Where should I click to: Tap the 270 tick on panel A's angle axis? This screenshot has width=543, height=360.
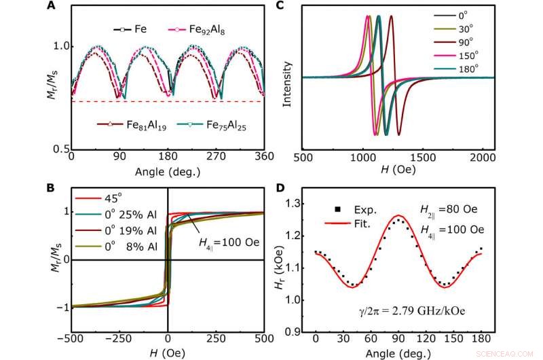pos(217,156)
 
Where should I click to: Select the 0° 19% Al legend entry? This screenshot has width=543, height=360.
pos(115,230)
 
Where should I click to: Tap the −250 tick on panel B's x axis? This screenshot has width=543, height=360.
pos(119,340)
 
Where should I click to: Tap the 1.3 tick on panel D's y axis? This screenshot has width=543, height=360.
pos(293,203)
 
